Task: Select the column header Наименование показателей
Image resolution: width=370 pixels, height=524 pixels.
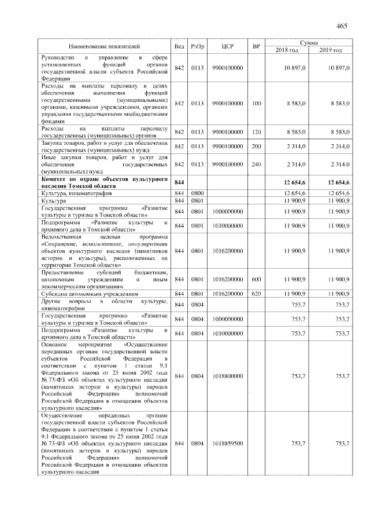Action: point(104,46)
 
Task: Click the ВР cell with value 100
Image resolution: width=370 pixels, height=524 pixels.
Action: point(257,103)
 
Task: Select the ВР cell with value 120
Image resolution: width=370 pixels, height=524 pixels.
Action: point(257,132)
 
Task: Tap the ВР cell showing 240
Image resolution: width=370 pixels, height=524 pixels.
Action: point(257,164)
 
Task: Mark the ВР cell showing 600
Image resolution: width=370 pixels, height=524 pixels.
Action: point(257,279)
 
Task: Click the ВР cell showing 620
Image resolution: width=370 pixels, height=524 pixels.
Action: point(257,294)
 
